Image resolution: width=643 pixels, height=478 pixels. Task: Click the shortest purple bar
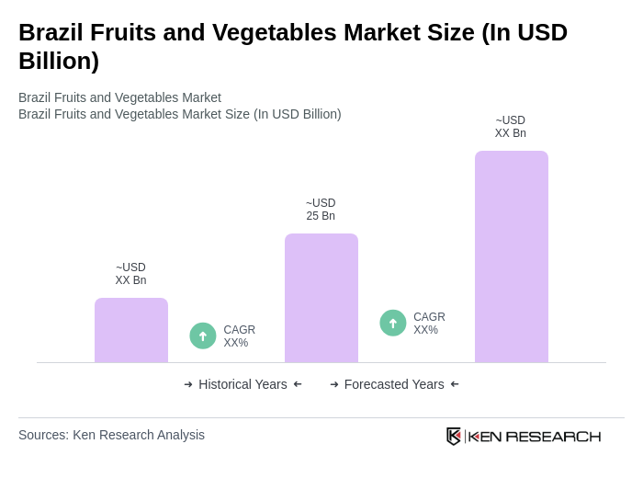(131, 330)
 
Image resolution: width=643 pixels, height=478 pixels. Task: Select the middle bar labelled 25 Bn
(321, 298)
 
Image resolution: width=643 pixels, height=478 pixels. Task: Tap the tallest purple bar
(512, 256)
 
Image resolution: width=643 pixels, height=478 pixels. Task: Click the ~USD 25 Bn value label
(321, 210)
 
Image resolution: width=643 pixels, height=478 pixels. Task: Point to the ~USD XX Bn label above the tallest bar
(511, 127)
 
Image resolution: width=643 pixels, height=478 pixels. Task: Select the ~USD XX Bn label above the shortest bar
(130, 274)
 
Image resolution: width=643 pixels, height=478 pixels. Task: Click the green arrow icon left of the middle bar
(203, 336)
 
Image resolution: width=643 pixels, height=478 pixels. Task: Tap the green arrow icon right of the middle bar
(393, 323)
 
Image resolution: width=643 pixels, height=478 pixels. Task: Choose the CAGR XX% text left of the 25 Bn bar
(239, 336)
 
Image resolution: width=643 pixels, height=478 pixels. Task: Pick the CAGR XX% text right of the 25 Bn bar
(429, 324)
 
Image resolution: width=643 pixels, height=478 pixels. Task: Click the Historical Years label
(243, 384)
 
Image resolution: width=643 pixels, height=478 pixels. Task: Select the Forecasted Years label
(394, 384)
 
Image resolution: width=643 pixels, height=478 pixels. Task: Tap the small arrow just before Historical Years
(188, 384)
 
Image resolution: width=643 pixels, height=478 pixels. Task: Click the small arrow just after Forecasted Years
(455, 384)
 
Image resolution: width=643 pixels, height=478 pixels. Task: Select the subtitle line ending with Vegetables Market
(119, 97)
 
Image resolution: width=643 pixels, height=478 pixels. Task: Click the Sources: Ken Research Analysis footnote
(111, 435)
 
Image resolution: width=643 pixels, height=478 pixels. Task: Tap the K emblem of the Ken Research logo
(454, 436)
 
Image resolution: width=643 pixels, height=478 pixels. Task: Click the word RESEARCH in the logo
(553, 436)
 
